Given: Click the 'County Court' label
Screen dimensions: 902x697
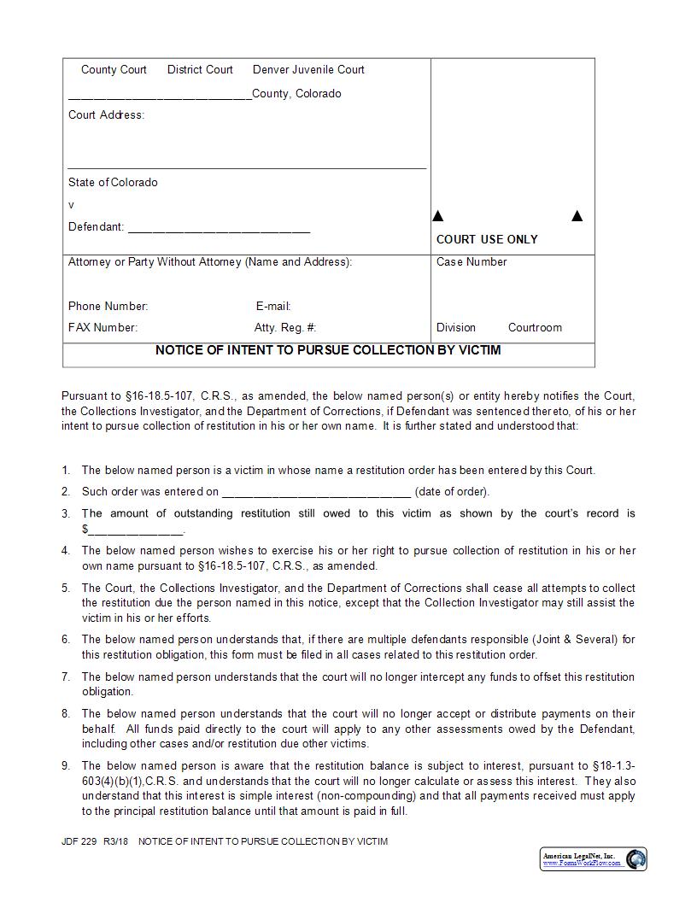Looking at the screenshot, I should click(114, 70).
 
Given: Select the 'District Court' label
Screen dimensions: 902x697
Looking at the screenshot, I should click(200, 70).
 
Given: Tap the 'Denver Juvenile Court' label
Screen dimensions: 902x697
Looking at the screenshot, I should click(308, 70).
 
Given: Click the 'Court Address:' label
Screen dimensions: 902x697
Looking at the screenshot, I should click(106, 115).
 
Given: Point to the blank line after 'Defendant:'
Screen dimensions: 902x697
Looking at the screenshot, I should click(219, 229).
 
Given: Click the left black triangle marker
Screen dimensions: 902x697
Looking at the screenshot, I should click(438, 216).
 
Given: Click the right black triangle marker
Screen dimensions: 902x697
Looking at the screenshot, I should click(577, 216).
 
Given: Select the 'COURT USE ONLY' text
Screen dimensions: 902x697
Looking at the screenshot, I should click(487, 240).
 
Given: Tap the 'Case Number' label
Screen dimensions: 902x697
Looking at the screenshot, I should click(471, 262).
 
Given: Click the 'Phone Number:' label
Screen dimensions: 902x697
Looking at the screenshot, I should click(108, 307).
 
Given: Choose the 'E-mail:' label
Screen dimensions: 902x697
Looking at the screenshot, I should click(273, 307).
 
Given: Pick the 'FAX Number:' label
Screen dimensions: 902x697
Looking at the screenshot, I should click(102, 328).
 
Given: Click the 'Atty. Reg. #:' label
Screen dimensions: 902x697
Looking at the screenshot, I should click(285, 328).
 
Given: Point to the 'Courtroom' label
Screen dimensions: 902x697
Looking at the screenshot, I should click(535, 328).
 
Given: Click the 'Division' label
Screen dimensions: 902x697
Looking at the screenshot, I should click(456, 328).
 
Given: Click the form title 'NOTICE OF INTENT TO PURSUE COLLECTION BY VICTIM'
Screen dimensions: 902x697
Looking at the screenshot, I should click(328, 350).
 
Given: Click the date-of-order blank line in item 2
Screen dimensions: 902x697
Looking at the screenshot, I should click(316, 493).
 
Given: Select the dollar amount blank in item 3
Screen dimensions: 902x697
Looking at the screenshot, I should click(135, 530).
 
